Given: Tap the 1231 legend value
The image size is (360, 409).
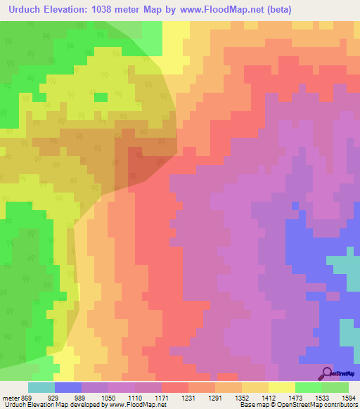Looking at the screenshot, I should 188,397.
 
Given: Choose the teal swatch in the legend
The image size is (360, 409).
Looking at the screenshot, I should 41,387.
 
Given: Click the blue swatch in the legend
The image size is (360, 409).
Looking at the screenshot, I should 67,387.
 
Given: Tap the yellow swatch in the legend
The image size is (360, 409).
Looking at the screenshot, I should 281,387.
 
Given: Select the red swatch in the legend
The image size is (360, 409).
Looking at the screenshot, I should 174,387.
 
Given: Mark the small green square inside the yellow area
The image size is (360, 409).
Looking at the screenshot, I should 101,97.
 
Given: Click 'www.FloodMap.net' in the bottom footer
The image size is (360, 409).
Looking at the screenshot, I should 136,405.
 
